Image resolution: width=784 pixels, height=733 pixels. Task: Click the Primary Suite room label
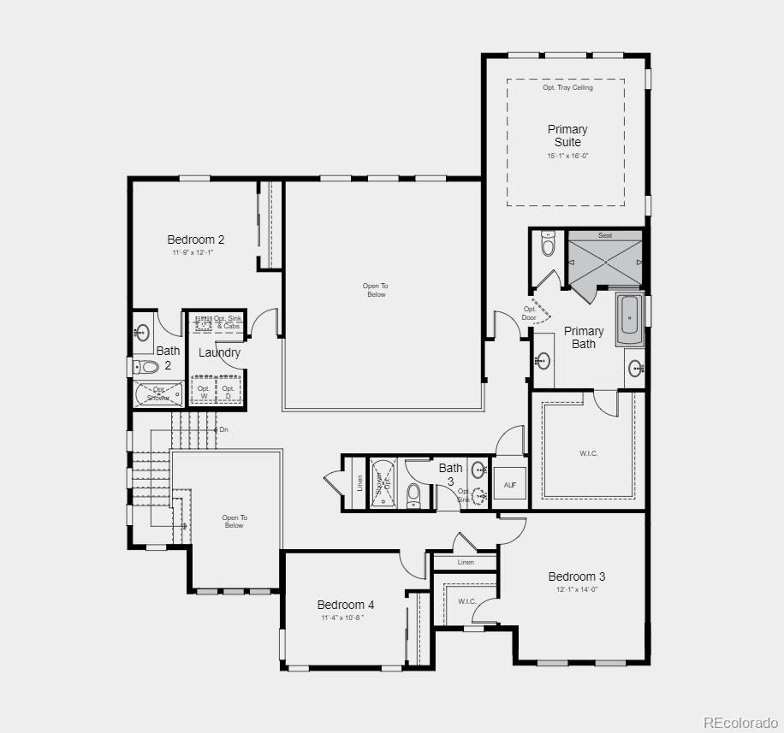pyautogui.click(x=567, y=135)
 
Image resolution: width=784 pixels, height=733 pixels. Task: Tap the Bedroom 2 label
pyautogui.click(x=196, y=239)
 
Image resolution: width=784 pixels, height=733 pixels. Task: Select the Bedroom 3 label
pyautogui.click(x=577, y=576)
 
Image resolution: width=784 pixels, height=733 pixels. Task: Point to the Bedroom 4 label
pyautogui.click(x=346, y=605)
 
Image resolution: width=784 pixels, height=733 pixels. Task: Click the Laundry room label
pyautogui.click(x=219, y=352)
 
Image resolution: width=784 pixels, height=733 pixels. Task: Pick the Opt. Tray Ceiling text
pyautogui.click(x=567, y=87)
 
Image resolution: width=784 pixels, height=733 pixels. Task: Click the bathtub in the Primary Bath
pyautogui.click(x=629, y=315)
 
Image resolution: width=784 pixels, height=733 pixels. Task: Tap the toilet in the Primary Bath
pyautogui.click(x=549, y=246)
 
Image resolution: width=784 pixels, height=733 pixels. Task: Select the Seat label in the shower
pyautogui.click(x=605, y=235)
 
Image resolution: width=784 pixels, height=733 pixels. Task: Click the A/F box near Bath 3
pyautogui.click(x=509, y=484)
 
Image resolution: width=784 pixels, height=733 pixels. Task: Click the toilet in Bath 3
pyautogui.click(x=413, y=494)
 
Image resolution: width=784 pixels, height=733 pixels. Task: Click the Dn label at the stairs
pyautogui.click(x=223, y=429)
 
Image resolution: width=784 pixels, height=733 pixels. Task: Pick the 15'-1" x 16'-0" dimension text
pyautogui.click(x=567, y=156)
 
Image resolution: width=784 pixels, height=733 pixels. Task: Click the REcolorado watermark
pyautogui.click(x=740, y=723)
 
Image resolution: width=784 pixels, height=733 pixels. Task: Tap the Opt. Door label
pyautogui.click(x=530, y=314)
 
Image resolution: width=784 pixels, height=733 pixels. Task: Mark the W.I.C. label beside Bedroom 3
pyautogui.click(x=466, y=601)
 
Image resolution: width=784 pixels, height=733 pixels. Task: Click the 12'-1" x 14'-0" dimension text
pyautogui.click(x=577, y=589)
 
